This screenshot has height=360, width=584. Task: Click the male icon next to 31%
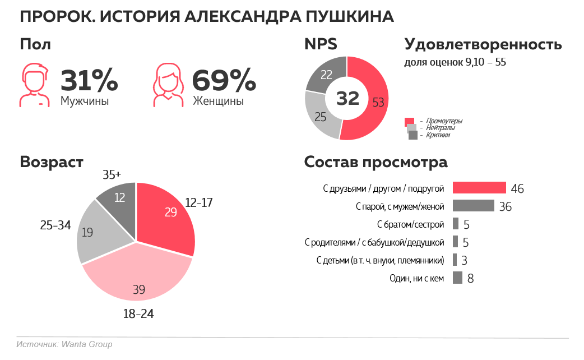pyautogui.click(x=35, y=85)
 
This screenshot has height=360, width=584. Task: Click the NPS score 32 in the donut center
pyautogui.click(x=347, y=98)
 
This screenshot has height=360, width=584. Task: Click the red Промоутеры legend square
pyautogui.click(x=409, y=121)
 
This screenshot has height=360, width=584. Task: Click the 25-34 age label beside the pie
pyautogui.click(x=55, y=225)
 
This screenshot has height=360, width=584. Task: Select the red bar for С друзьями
pyautogui.click(x=479, y=188)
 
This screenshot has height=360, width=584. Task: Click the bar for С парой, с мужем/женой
pyautogui.click(x=473, y=206)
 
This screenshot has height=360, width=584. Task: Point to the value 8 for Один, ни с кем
pyautogui.click(x=470, y=278)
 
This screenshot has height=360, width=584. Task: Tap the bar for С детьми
pyautogui.click(x=455, y=260)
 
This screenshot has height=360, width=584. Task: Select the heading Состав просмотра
pyautogui.click(x=376, y=162)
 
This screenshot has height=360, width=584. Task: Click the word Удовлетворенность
pyautogui.click(x=483, y=44)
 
